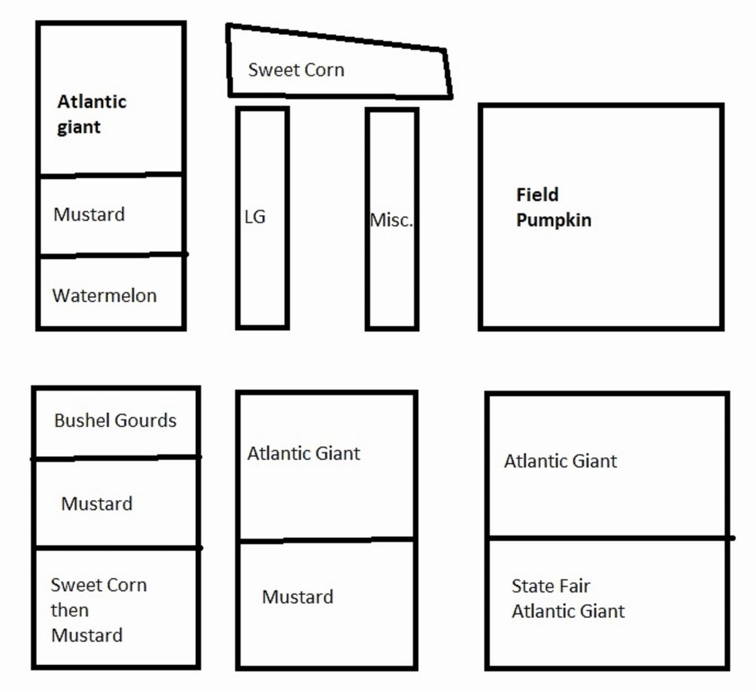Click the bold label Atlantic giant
point(92,114)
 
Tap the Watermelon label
point(104,295)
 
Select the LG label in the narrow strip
point(255,217)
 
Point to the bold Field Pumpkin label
point(553,207)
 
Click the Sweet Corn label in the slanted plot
point(296,70)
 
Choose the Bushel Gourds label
point(115,421)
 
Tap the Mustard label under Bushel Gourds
point(96,504)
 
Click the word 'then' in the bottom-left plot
point(69,610)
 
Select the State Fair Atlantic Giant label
point(568,599)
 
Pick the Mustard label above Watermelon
point(89,214)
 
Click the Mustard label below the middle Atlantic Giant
point(298,597)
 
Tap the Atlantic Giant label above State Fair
point(561,462)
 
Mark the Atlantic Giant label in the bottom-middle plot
point(303,453)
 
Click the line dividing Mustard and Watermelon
point(111,254)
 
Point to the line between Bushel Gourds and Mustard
point(116,458)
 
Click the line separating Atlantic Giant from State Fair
point(609,538)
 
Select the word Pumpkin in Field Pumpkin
point(553,220)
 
